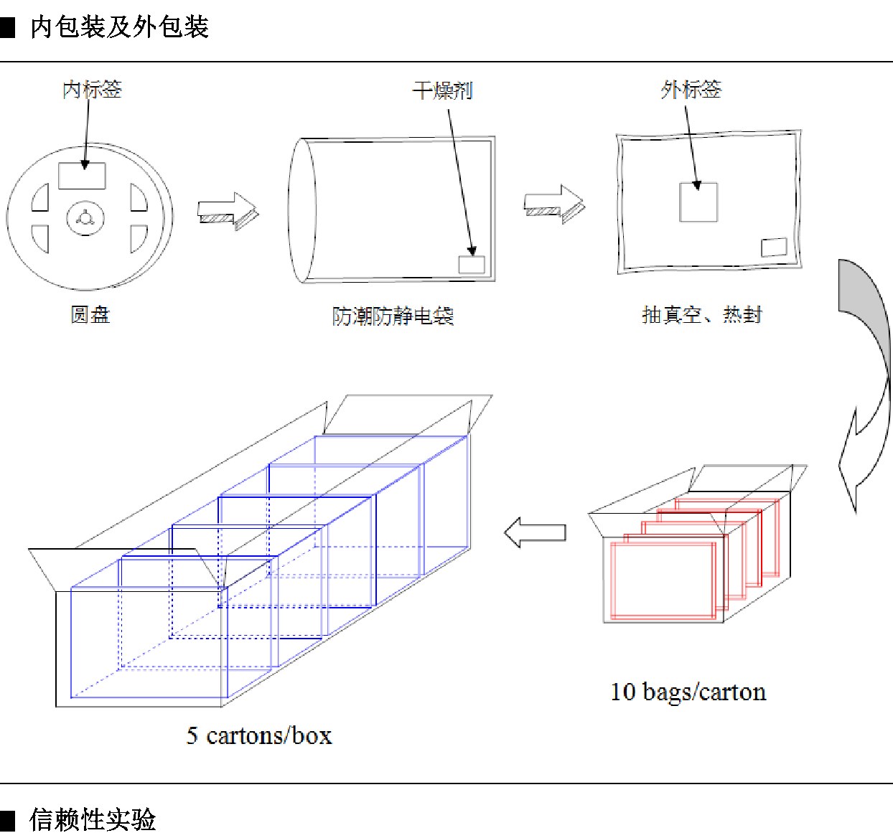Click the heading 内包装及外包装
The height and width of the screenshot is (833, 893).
(119, 27)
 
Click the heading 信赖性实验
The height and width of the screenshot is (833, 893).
(93, 819)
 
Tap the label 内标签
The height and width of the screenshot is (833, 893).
(92, 90)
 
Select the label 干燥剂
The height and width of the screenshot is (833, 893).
(442, 91)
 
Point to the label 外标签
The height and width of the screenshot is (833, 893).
(691, 90)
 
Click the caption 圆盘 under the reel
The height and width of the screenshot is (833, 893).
(90, 315)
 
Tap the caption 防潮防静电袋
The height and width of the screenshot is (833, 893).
(393, 316)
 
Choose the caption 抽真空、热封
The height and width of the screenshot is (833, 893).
(702, 315)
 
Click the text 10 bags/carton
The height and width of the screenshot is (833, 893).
(688, 692)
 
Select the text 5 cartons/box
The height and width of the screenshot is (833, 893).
(259, 736)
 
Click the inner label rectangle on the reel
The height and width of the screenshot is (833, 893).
(82, 176)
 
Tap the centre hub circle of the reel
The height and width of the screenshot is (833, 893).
(85, 219)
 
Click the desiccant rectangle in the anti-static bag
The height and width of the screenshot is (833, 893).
(472, 265)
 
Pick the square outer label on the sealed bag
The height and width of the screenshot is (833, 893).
(698, 202)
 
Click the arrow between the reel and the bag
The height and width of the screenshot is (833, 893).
(228, 211)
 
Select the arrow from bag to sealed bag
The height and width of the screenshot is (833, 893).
(554, 204)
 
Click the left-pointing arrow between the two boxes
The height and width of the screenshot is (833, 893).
(535, 532)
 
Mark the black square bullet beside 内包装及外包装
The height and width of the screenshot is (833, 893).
(8, 28)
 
